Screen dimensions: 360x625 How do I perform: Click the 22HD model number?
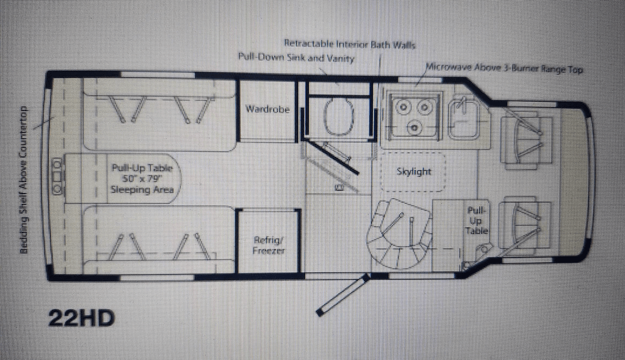[82, 319]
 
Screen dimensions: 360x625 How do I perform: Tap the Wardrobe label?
[267, 110]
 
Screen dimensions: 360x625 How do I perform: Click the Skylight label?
[413, 171]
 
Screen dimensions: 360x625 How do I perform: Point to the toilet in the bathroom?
[339, 117]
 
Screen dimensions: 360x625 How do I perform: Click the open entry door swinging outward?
[342, 295]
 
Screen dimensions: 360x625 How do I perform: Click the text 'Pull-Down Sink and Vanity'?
[296, 58]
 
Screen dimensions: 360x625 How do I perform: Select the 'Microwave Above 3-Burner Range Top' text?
[504, 69]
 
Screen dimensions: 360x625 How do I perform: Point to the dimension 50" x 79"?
[142, 179]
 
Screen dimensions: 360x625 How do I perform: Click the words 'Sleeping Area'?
[142, 190]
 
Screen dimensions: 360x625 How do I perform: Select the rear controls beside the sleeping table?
[57, 177]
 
